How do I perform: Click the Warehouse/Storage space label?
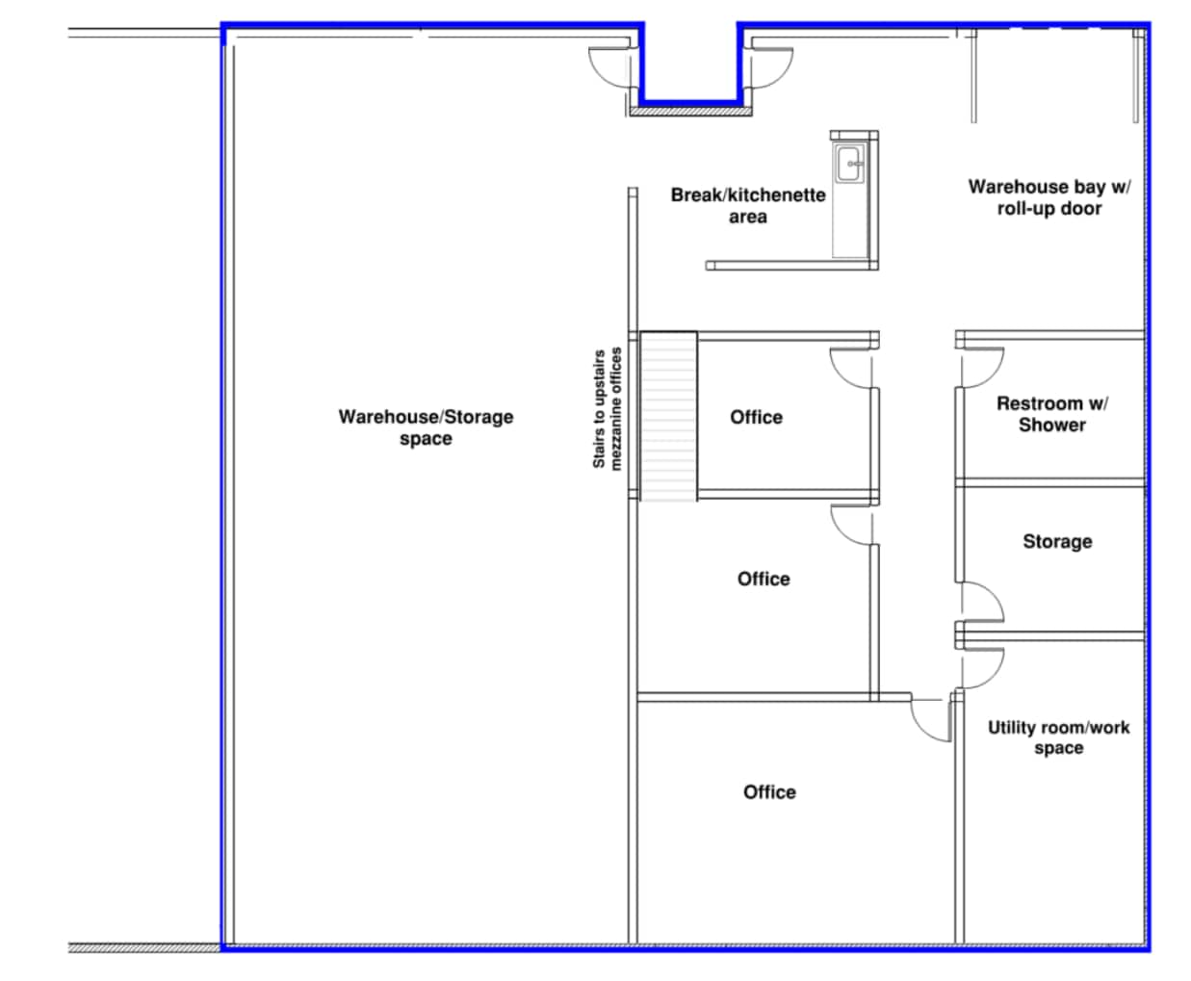(426, 427)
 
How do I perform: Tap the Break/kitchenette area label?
(748, 205)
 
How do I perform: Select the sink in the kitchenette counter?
(849, 164)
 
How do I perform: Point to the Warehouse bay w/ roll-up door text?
(1049, 197)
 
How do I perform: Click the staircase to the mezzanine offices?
(668, 416)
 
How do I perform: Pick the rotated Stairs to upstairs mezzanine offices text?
(607, 409)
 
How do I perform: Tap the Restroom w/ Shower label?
(1052, 414)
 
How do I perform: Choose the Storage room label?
(1057, 541)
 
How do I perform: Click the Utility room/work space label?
(1059, 737)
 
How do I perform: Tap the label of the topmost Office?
(757, 418)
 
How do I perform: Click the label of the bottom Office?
(769, 792)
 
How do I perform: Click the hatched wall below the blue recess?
(690, 112)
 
